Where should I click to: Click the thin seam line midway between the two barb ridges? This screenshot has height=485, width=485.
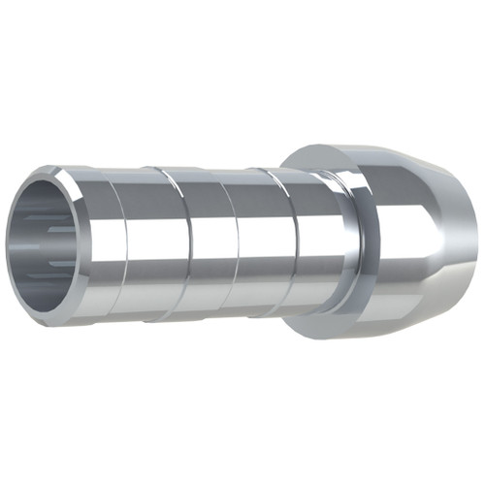(x=221, y=242)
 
